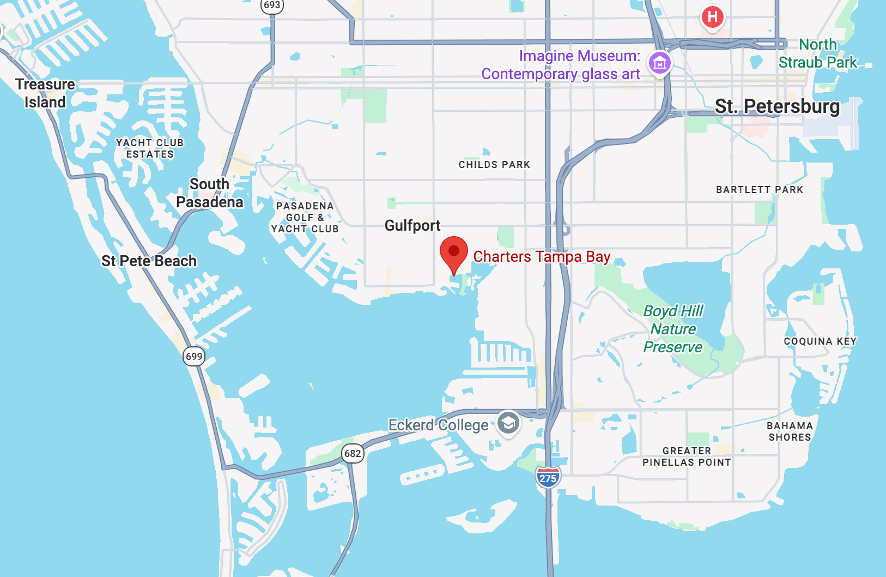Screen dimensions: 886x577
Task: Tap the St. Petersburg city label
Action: [777, 106]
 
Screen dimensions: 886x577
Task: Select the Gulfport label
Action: [412, 225]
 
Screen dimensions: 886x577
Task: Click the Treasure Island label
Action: [45, 93]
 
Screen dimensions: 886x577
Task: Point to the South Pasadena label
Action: [210, 193]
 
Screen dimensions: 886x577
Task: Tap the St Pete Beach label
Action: [149, 261]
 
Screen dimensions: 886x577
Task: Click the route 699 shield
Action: [194, 357]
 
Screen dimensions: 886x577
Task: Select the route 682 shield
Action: [353, 453]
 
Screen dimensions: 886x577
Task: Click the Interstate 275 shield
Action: [548, 478]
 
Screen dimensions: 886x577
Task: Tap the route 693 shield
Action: [271, 5]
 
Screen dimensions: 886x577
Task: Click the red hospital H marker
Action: [712, 17]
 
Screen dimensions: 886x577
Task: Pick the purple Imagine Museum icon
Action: [660, 63]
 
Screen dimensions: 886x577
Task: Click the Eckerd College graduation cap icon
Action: [508, 423]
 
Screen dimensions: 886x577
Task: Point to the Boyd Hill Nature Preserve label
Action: [673, 329]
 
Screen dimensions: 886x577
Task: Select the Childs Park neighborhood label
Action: [494, 165]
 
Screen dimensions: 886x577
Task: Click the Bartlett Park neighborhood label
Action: [760, 190]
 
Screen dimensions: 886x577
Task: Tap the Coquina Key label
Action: [820, 341]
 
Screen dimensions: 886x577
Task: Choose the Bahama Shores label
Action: [790, 431]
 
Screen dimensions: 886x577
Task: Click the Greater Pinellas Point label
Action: [687, 456]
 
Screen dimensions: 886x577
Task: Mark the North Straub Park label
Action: [818, 53]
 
